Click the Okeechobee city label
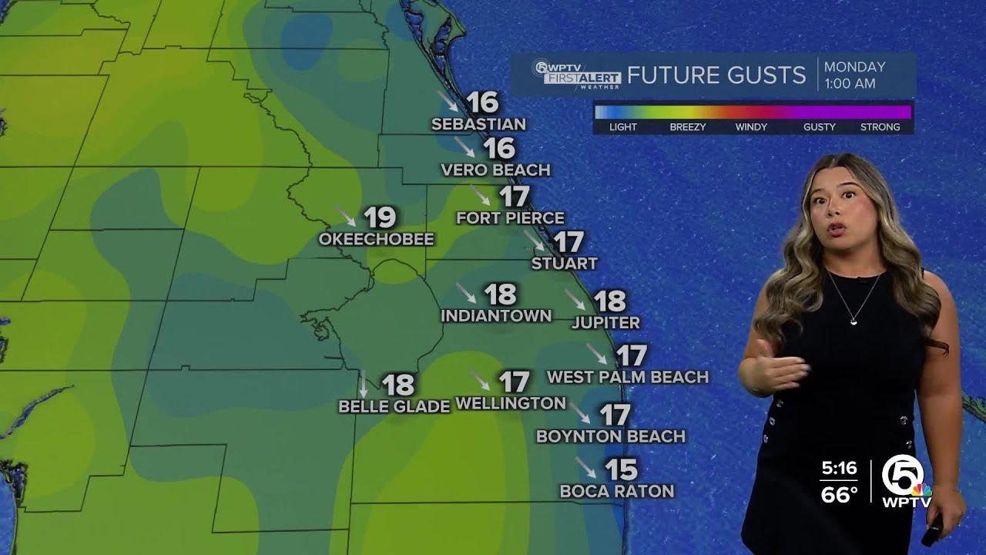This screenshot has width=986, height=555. click(x=376, y=240)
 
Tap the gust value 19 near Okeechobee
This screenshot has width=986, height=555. click(x=380, y=217)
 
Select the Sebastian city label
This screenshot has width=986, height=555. click(x=478, y=124)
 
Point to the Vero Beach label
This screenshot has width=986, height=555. click(x=495, y=170)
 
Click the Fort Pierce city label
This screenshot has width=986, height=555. click(x=510, y=218)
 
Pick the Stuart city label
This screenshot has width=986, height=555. click(x=564, y=264)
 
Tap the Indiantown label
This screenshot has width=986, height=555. click(x=496, y=316)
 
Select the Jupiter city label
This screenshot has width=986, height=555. click(x=605, y=323)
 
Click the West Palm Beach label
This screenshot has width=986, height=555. click(x=627, y=377)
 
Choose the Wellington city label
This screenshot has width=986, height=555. click(x=511, y=403)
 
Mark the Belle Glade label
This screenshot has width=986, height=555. click(x=394, y=406)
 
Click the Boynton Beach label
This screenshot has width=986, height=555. click(x=610, y=436)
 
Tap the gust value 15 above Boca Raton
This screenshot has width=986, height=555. click(x=621, y=469)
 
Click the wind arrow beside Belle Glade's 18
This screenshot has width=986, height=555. click(x=364, y=384)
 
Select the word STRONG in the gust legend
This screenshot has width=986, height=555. click(x=880, y=127)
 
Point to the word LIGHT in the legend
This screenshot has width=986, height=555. click(x=622, y=127)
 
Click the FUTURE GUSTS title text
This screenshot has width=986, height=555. click(x=716, y=76)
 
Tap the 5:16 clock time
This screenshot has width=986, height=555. click(x=839, y=468)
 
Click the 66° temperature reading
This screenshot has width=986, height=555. click(x=839, y=494)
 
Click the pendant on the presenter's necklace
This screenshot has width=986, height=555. click(x=854, y=321)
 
